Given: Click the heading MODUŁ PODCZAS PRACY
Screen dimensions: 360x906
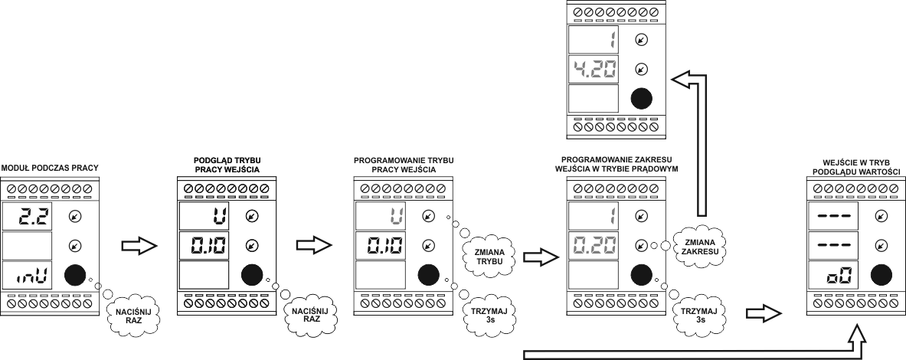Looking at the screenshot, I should tap(51, 166).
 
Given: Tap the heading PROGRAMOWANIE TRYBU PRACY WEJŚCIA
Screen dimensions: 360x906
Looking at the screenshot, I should tap(403, 165).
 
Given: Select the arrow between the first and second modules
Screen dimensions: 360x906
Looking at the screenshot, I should tap(139, 247).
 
